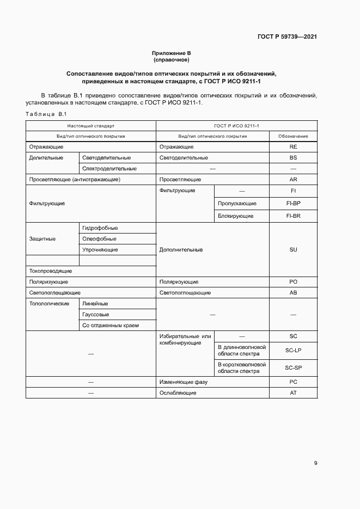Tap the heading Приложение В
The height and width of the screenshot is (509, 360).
click(x=172, y=53)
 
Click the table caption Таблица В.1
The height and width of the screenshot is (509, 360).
click(x=45, y=113)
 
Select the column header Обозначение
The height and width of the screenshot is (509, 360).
click(x=293, y=136)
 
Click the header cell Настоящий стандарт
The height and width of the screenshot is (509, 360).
click(x=91, y=125)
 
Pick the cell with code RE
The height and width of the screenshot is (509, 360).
click(x=293, y=147)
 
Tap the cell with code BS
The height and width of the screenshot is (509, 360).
click(x=293, y=158)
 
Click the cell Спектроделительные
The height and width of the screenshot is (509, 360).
click(x=109, y=169)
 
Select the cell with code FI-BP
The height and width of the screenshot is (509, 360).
click(x=293, y=204)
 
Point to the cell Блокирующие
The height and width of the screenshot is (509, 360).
click(x=236, y=216)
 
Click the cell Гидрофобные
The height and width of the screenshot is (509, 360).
click(x=100, y=228)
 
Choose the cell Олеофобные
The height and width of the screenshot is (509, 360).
click(x=99, y=239)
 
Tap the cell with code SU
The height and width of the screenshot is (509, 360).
click(x=293, y=250)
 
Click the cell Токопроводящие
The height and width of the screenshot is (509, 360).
click(x=51, y=271)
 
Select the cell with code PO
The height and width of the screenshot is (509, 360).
click(x=293, y=282)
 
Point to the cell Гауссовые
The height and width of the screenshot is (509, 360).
click(x=96, y=315)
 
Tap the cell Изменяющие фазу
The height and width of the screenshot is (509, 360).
click(x=183, y=382)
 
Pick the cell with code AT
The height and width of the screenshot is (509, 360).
click(x=293, y=393)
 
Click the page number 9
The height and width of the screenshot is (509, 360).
click(x=316, y=463)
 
